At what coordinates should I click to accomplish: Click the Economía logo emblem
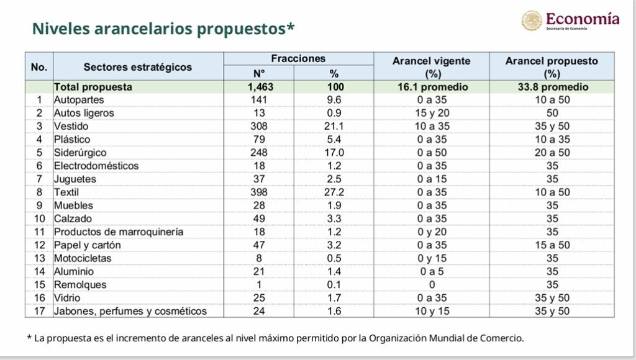point(532,20)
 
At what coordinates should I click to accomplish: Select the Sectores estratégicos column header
point(138,67)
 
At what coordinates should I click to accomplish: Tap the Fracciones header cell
point(298,58)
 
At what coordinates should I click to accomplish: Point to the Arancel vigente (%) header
point(432,67)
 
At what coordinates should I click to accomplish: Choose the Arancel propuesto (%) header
point(552,67)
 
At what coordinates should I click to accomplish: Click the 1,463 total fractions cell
point(260,87)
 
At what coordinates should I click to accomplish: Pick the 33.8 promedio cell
point(553,87)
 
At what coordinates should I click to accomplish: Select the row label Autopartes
point(79,100)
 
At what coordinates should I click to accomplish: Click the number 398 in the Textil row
point(259,192)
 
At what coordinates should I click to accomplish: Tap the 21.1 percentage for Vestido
point(334,127)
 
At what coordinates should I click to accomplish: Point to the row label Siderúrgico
point(80,153)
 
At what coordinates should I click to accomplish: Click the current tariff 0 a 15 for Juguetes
point(432,179)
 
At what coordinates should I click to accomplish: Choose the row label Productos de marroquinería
point(119,232)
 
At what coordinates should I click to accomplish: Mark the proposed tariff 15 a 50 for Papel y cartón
point(552,245)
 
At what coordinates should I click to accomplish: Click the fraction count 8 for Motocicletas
point(259,258)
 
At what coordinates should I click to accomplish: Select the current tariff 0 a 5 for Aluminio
point(432,272)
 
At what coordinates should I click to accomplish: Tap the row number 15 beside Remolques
point(39,285)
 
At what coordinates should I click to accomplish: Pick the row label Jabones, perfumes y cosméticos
point(130,312)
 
